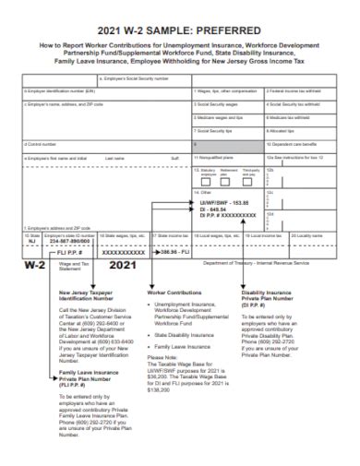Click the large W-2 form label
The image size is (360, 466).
pos(36,267)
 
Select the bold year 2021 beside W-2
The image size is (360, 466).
pos(114,267)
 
